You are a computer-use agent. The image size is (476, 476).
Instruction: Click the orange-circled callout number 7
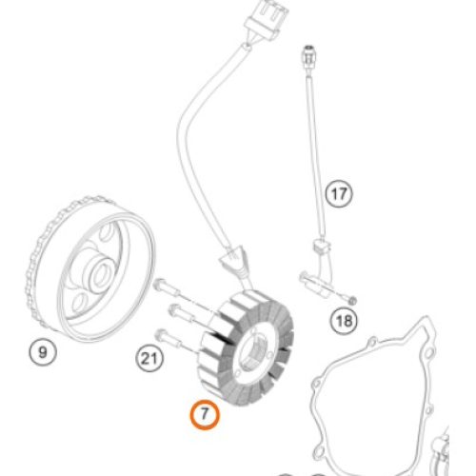[205, 414]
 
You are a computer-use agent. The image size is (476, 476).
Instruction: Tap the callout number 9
[43, 352]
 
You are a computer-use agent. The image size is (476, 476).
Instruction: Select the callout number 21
[149, 359]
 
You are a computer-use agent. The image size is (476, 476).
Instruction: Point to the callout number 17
[339, 193]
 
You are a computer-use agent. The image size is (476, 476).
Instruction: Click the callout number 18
[344, 321]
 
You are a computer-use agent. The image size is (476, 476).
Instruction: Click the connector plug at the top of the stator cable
[266, 20]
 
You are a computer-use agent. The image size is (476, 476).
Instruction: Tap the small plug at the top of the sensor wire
[307, 56]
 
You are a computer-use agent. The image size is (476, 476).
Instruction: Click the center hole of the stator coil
[254, 352]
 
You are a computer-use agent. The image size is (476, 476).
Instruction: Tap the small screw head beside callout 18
[351, 300]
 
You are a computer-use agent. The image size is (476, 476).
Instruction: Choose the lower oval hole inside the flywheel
[79, 302]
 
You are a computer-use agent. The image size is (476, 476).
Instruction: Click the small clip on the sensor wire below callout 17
[322, 246]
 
